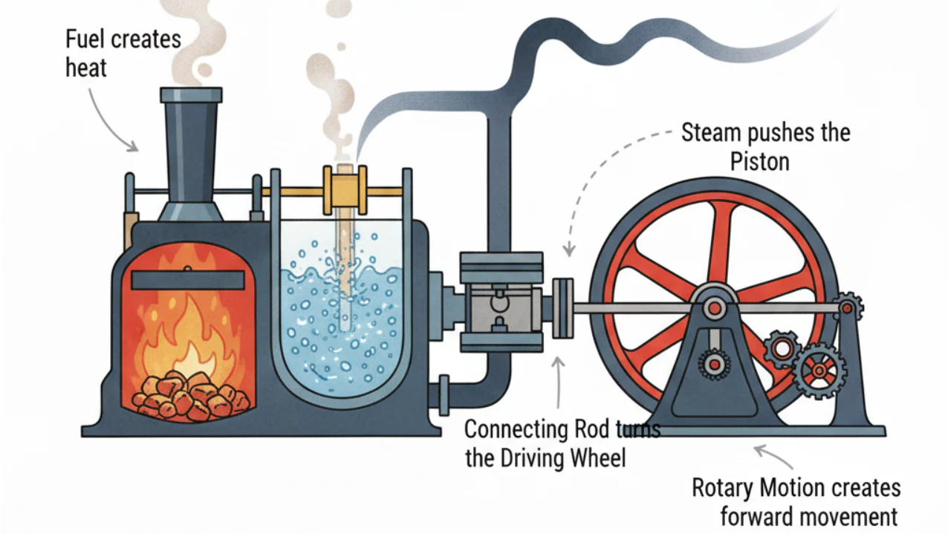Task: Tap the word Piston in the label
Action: pyautogui.click(x=760, y=160)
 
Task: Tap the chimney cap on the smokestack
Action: pyautogui.click(x=191, y=94)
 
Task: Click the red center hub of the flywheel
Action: pyautogui.click(x=713, y=307)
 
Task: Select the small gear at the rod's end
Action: pyautogui.click(x=848, y=305)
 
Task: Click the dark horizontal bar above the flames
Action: pyautogui.click(x=188, y=280)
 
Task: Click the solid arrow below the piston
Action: pyautogui.click(x=559, y=379)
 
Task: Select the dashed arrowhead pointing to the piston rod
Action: pyautogui.click(x=568, y=251)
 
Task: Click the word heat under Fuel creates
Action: pyautogui.click(x=86, y=68)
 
